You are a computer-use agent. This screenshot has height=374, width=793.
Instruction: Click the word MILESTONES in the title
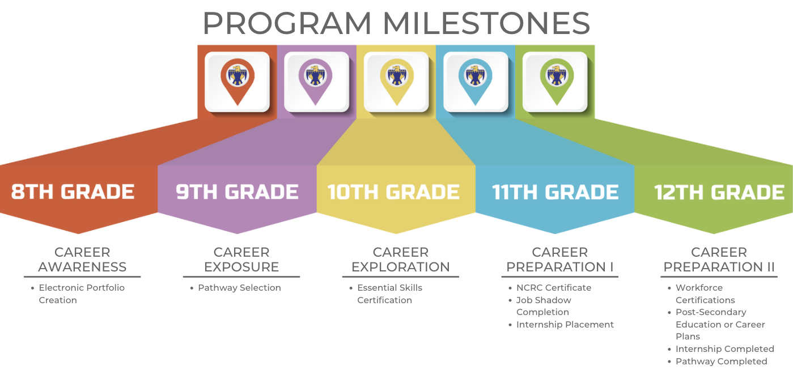pos(486,23)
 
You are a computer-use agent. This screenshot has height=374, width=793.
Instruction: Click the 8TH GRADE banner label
pos(73,192)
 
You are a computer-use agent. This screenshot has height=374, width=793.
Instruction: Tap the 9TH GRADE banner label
pos(237,192)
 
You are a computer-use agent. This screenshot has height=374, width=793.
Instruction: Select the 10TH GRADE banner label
pos(394,192)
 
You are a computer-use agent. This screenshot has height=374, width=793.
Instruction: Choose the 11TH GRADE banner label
pos(555,192)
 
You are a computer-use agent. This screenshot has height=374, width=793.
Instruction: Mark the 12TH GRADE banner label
pos(719,192)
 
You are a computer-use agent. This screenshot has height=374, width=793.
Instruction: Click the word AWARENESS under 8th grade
pos(82,267)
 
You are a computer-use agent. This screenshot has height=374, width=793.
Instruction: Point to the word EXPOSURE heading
pos(241,267)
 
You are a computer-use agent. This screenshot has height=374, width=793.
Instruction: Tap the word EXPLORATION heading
pos(400,267)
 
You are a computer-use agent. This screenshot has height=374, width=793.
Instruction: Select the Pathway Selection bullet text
pos(239,288)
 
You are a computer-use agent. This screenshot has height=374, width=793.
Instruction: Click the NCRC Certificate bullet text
pos(554,288)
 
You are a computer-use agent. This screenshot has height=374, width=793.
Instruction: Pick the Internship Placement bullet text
pos(565,325)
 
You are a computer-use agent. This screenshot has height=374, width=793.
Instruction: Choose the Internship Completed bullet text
pos(724,349)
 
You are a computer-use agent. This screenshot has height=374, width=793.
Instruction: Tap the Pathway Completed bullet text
pos(722,362)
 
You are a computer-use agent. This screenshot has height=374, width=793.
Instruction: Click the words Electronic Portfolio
pos(82,288)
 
